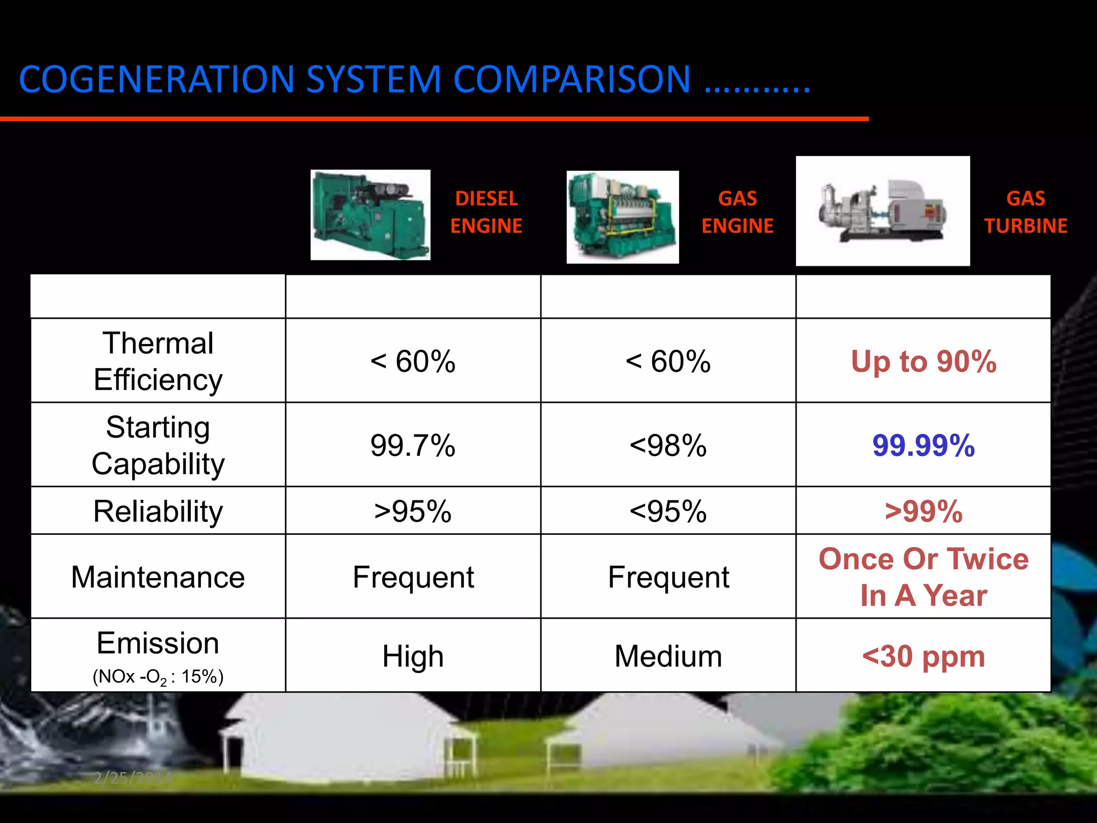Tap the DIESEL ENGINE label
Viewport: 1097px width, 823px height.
point(486,212)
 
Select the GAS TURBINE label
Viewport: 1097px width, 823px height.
point(1025,212)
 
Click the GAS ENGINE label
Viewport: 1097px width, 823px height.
point(737,212)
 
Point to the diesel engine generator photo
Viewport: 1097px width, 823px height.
point(370,215)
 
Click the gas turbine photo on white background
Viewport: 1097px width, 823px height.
point(882,211)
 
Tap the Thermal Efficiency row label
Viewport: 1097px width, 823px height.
point(158,361)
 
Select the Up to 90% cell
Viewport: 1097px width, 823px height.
point(923,361)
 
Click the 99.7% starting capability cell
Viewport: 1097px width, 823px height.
point(412,445)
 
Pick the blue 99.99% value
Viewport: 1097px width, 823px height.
point(923,445)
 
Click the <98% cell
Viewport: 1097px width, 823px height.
point(668,445)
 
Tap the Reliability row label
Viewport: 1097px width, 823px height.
point(158,511)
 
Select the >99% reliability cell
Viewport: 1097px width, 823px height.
point(923,511)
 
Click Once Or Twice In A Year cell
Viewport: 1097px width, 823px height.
point(923,577)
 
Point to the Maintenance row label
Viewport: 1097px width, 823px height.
point(158,577)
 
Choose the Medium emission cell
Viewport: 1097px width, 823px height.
point(668,656)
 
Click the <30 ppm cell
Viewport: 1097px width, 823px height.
point(923,656)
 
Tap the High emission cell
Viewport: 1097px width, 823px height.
point(412,656)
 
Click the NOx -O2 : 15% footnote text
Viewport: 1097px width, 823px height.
point(158,677)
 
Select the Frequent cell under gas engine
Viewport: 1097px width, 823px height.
point(668,577)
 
